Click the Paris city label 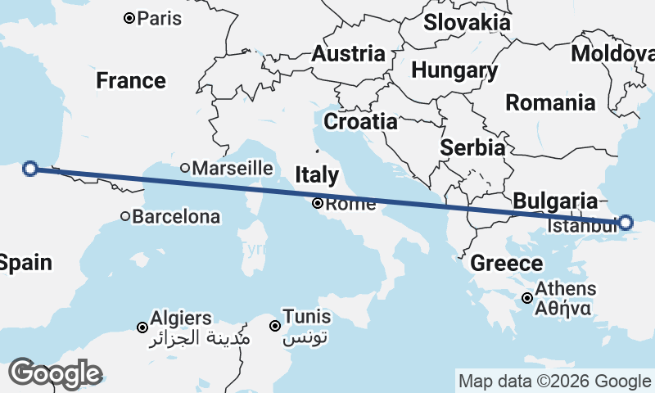[x=160, y=18]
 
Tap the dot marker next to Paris [x=129, y=18]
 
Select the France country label [x=131, y=81]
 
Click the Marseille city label [x=233, y=168]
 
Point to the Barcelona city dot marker [x=125, y=217]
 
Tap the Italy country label [x=317, y=174]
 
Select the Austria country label [x=348, y=55]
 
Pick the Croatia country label [x=360, y=122]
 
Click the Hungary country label [x=454, y=71]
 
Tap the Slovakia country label [x=467, y=23]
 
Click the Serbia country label [x=472, y=148]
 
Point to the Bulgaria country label [x=555, y=201]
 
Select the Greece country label [x=507, y=264]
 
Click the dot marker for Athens [x=528, y=299]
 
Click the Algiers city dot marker [x=142, y=327]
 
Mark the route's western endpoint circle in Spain [x=30, y=169]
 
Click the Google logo [x=54, y=373]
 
